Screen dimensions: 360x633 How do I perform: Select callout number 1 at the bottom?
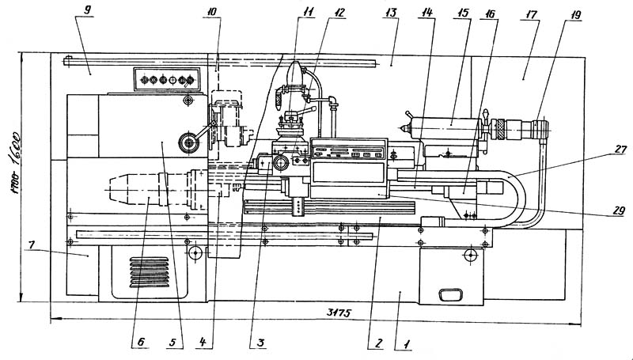click(405, 345)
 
